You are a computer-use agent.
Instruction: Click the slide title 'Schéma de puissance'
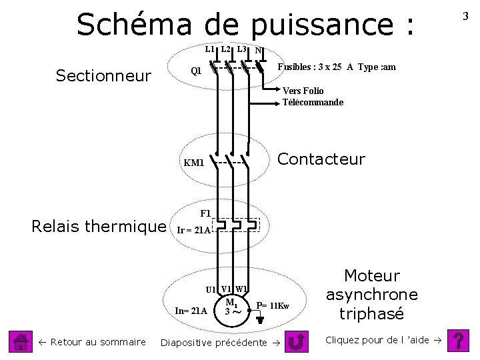pos(245,25)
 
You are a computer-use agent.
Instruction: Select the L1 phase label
pos(209,50)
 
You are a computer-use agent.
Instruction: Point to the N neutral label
pos(259,51)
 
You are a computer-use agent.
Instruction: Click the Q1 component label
pos(196,71)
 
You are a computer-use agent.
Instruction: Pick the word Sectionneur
pos(103,76)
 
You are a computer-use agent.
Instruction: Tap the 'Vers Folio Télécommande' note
pos(313,97)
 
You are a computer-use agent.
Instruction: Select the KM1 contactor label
pos(194,163)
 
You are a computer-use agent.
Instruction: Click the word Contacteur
pos(321,159)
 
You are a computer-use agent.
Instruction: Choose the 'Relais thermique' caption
pos(99,227)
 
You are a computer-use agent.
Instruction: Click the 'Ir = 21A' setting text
pos(193,230)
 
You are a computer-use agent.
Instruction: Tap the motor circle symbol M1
pos(232,306)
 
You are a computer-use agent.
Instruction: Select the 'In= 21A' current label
pos(190,311)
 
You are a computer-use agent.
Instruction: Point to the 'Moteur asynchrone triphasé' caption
pos(371,295)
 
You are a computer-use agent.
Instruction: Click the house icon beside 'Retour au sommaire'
pos(22,342)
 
